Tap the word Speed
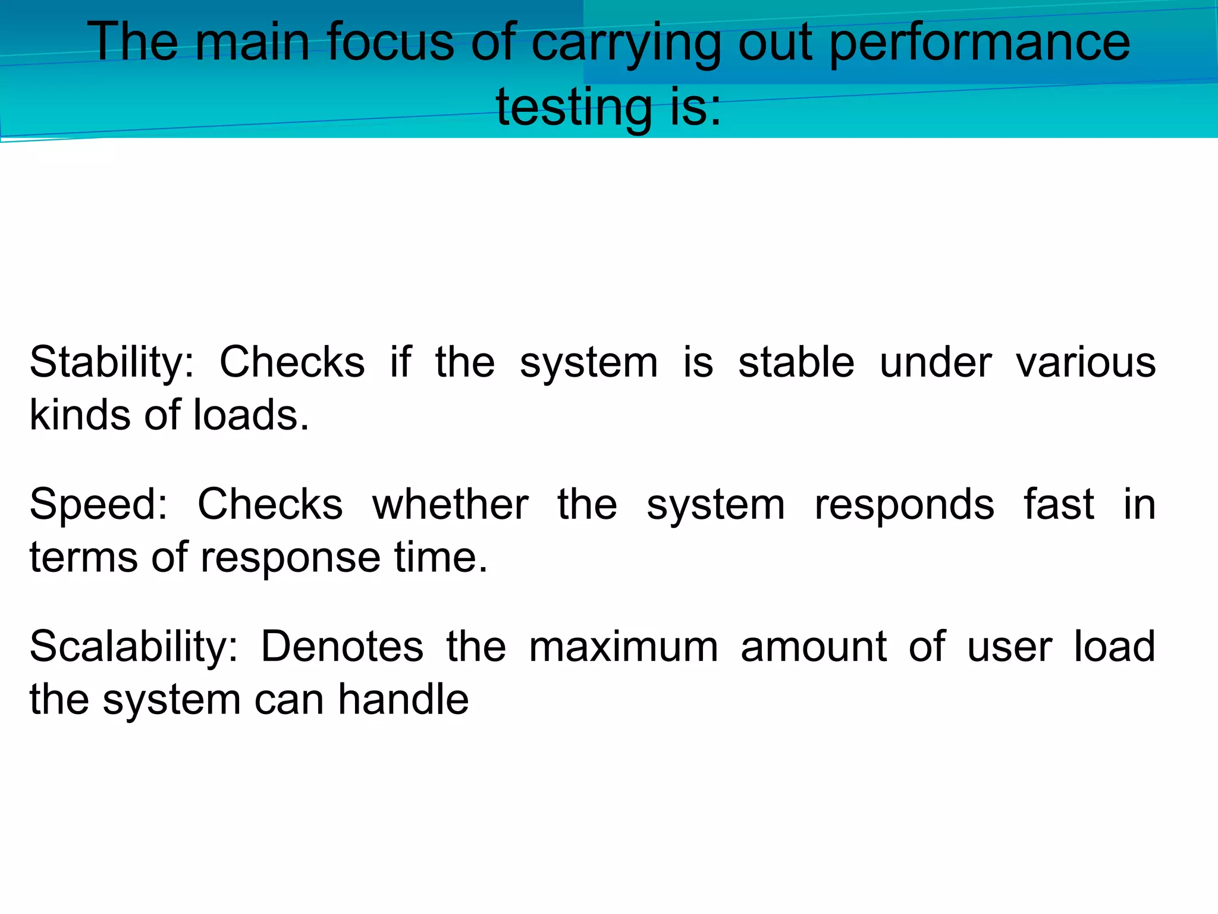click(x=99, y=505)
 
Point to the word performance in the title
click(x=979, y=43)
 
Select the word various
click(x=1085, y=362)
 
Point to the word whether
click(x=450, y=505)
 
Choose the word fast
click(x=1059, y=505)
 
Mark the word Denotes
click(x=342, y=647)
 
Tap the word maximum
click(x=623, y=647)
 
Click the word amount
click(x=814, y=647)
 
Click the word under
click(x=936, y=362)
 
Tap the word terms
click(x=83, y=558)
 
